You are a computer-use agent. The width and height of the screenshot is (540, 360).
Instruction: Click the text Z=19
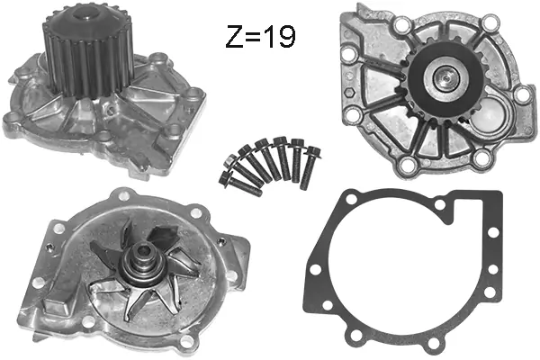[x=259, y=38]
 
